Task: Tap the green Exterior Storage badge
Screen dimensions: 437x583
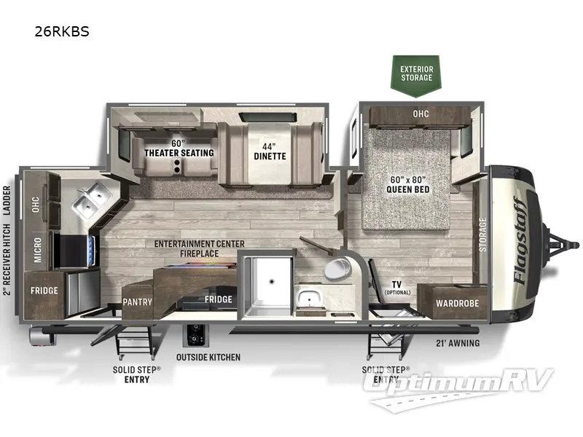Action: [x=416, y=74]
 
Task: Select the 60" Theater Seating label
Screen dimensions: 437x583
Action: [x=179, y=148]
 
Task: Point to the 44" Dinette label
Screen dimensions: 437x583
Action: [x=270, y=151]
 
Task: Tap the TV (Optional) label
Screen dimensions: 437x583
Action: [x=397, y=288]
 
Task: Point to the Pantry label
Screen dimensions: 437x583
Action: [x=137, y=301]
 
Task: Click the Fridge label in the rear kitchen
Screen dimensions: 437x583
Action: [x=44, y=290]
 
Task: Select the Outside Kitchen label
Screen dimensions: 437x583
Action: [x=208, y=358]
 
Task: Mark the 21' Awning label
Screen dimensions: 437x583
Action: [x=458, y=344]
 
